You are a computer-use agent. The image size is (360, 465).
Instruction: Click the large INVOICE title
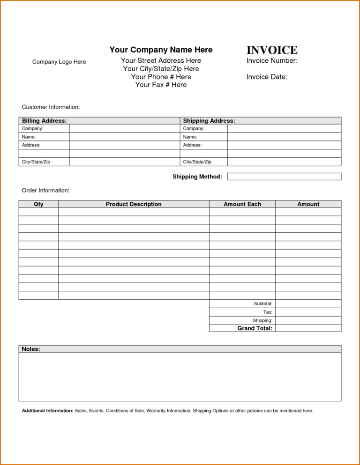coord(272,50)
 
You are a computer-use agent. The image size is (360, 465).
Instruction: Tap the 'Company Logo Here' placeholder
coord(59,62)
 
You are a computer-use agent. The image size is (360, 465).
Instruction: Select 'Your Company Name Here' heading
coord(161,50)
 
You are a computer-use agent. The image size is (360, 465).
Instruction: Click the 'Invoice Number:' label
coord(272,61)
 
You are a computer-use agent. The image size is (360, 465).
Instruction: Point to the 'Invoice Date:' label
coord(267,77)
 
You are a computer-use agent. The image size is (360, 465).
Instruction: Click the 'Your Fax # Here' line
coord(161,85)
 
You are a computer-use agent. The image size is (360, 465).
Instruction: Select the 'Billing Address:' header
coord(44,121)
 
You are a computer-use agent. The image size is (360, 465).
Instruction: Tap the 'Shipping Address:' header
coord(209,121)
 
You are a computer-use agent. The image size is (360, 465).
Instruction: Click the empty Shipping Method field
coord(284,177)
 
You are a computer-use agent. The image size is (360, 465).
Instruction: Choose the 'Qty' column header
coord(38,204)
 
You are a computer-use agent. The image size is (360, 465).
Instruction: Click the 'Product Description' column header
coord(134,204)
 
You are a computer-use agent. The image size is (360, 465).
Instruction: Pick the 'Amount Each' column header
coord(242,204)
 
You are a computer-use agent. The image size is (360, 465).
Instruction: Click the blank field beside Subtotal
coord(308,304)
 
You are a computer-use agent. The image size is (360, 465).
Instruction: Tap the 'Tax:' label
coord(268,312)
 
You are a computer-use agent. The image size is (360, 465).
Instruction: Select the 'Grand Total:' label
coord(255,328)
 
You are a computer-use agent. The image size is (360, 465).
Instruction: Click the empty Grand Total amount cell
coord(308,328)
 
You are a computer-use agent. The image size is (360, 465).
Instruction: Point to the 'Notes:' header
coord(31,349)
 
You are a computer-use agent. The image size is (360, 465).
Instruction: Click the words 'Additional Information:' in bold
coord(47,411)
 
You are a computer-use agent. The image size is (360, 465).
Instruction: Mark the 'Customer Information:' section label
coord(51,107)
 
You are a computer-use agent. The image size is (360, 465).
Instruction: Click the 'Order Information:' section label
coord(45,191)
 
